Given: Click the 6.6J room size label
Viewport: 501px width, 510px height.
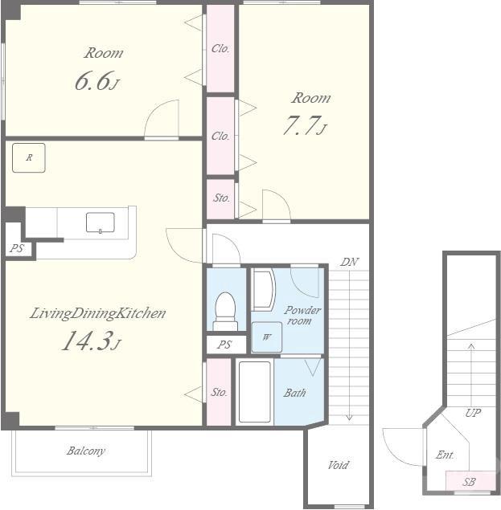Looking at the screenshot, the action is click(97, 80).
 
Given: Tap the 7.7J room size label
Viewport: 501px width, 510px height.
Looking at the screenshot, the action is click(305, 125).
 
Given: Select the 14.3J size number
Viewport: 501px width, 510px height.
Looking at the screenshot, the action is click(92, 341).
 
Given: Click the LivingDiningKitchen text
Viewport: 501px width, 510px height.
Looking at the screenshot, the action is click(98, 313).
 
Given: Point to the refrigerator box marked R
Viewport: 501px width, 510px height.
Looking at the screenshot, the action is click(29, 157).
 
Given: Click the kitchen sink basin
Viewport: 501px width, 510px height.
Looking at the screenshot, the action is click(101, 222).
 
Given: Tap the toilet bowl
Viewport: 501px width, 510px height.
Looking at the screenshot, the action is click(226, 307).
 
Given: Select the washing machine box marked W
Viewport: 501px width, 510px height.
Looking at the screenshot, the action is click(267, 337).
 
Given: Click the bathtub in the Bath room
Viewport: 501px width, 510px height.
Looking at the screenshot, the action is click(255, 392).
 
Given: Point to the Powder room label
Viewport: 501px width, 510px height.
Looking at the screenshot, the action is click(302, 315).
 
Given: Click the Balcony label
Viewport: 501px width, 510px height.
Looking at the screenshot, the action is click(86, 451).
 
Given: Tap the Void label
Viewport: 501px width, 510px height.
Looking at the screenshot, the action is click(338, 465).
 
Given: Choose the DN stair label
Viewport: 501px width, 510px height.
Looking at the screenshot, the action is click(349, 262).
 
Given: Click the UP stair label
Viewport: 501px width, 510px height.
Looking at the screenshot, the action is click(473, 413).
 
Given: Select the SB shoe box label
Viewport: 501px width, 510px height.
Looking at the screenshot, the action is click(469, 482).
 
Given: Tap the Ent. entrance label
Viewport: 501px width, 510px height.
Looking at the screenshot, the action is click(445, 455).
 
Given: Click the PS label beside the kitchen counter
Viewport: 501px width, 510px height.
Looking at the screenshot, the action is click(17, 248).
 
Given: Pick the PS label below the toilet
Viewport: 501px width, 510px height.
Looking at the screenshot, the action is click(224, 345).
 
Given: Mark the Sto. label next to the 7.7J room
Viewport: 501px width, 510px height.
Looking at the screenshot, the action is click(221, 198).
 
